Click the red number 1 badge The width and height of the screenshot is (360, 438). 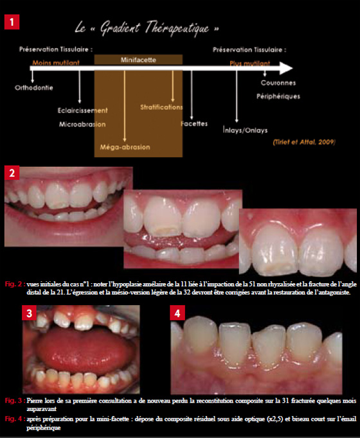coord(12,22)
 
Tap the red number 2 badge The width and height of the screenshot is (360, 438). coord(12,173)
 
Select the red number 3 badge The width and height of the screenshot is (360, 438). coord(30,313)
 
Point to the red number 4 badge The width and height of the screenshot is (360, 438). coord(177,313)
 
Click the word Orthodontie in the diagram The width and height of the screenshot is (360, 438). coord(34,88)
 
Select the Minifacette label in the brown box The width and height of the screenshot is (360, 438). coord(138,60)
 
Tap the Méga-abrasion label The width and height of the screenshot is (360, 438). coord(125,147)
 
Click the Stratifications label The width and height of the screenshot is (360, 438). coord(161,107)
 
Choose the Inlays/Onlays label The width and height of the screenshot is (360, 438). coord(245,130)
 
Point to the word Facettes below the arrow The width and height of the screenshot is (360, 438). coord(194,124)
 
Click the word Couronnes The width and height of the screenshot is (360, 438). coord(278,83)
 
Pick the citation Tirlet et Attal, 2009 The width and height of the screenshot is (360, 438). coord(304,142)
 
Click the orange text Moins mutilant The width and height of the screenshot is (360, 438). coord(56,62)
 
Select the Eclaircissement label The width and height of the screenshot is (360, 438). coord(82,110)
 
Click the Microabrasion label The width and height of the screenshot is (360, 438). coord(82,125)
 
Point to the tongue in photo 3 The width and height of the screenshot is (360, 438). coord(81,349)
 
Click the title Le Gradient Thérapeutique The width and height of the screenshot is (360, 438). coord(147,28)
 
